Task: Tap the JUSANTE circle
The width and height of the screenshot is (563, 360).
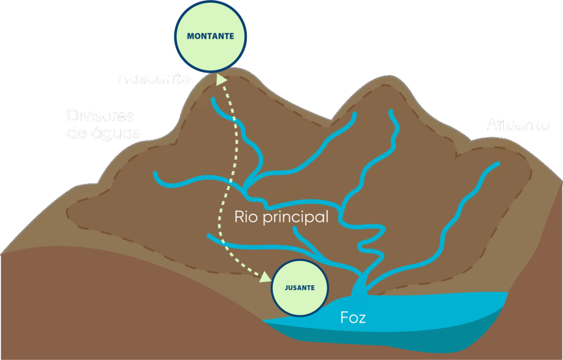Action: coord(300,288)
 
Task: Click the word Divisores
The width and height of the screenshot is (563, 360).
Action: coord(101,116)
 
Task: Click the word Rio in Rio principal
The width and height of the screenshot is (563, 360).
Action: coord(246,216)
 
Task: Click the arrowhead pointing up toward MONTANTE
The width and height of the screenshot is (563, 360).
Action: coord(222,80)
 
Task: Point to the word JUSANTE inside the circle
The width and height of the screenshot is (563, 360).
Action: coord(300,288)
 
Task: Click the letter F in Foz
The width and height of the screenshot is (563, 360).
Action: coord(345,317)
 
